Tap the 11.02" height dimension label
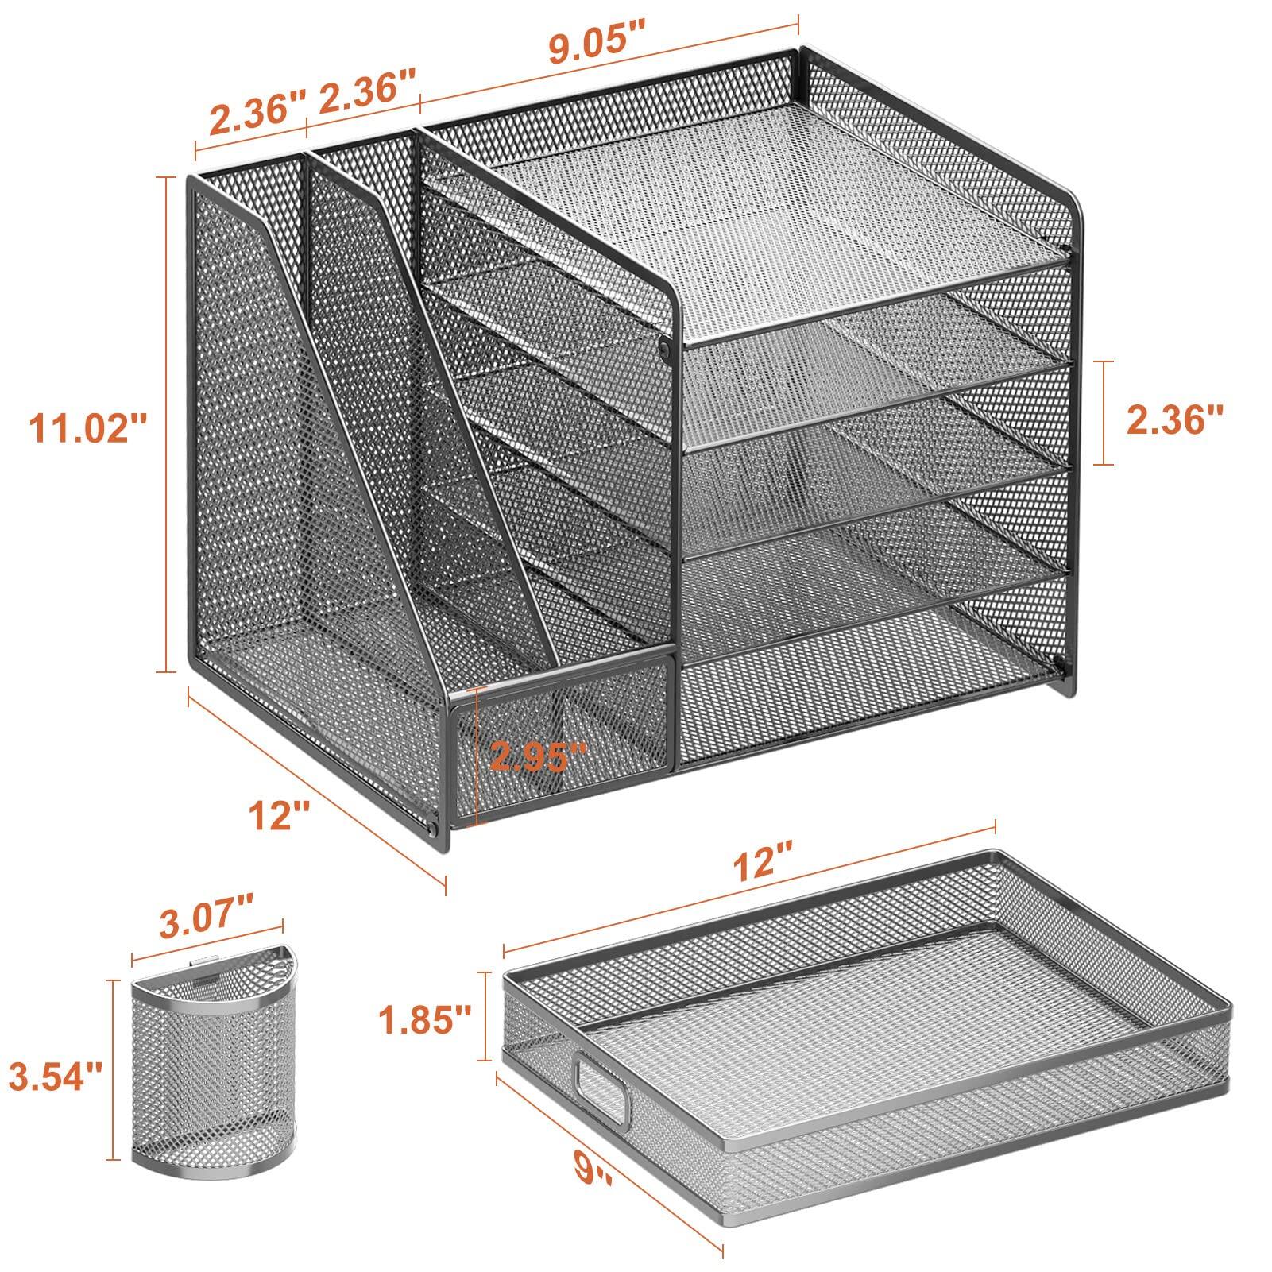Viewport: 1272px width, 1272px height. [x=88, y=430]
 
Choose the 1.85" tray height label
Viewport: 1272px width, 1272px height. [x=424, y=1015]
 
